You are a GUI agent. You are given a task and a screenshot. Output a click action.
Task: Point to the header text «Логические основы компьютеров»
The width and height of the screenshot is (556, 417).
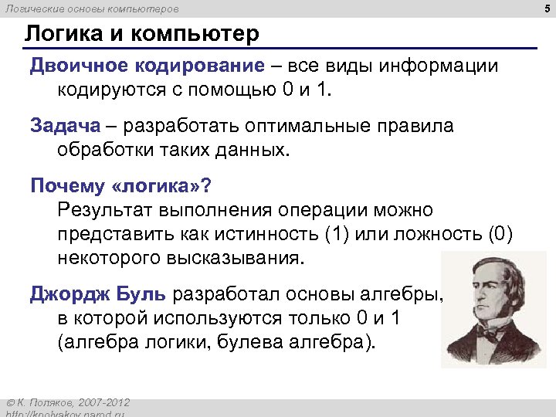92,9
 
